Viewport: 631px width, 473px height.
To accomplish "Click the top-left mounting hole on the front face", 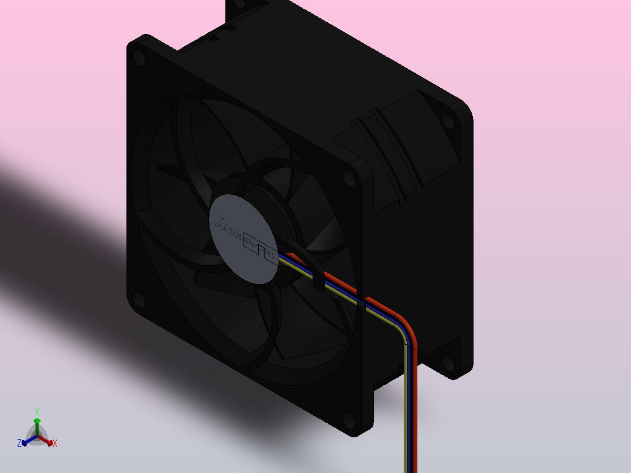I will (x=139, y=57).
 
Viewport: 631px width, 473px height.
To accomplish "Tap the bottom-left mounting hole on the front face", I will (x=138, y=300).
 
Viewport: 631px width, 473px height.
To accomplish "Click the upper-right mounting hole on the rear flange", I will (x=448, y=120).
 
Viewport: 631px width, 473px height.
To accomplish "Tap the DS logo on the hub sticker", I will (x=221, y=222).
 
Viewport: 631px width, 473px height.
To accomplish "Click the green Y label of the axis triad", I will (x=36, y=412).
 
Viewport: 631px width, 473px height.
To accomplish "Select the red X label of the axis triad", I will (x=55, y=444).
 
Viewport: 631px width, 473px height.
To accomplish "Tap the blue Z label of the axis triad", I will (x=19, y=444).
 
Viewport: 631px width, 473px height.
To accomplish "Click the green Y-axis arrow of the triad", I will (x=37, y=424).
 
